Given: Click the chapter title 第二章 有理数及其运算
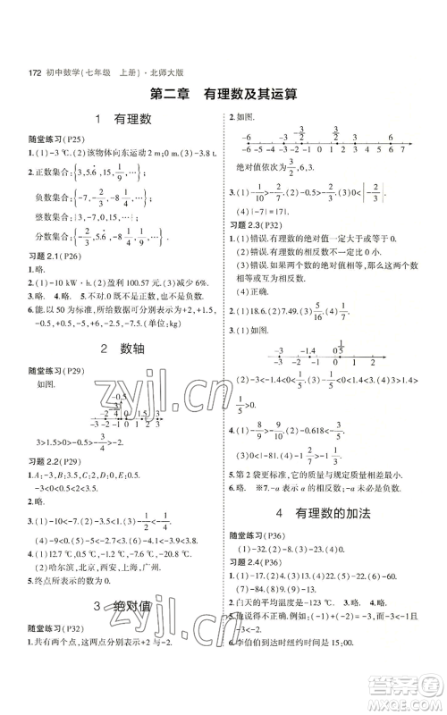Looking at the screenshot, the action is pyautogui.click(x=223, y=93).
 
